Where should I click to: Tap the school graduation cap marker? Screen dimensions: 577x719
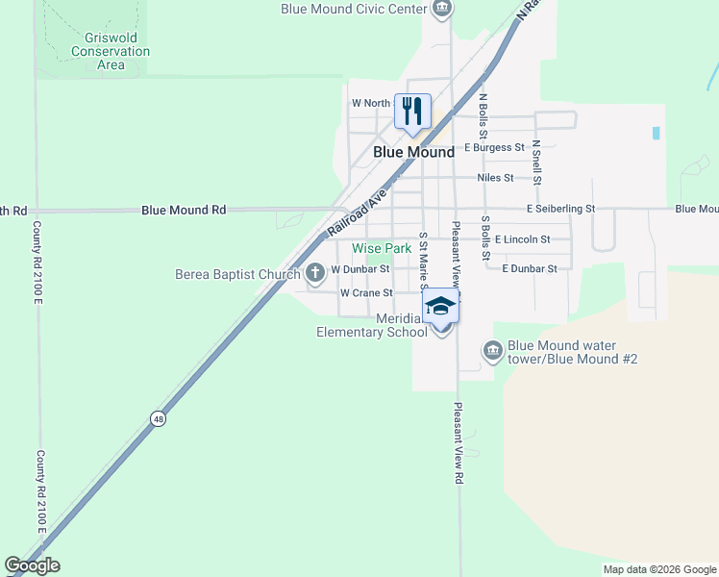coord(441,306)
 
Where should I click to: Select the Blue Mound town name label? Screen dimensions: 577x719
coord(413,152)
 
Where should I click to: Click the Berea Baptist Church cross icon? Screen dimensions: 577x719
coord(315,274)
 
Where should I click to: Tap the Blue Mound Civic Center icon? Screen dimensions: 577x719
coord(441,9)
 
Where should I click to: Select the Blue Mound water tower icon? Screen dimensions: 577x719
coord(493,351)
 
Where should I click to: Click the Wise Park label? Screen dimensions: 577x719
coord(382,248)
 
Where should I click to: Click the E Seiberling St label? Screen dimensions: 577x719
coord(561,208)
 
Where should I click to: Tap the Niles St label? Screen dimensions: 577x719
coord(496,178)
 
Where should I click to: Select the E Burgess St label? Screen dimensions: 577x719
coord(494,148)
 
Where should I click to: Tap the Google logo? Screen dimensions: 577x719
coord(32,565)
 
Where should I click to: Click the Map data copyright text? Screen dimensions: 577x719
coord(658,569)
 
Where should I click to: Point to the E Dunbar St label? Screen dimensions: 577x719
coord(530,268)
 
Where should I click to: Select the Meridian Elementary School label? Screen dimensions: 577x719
coord(372,326)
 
